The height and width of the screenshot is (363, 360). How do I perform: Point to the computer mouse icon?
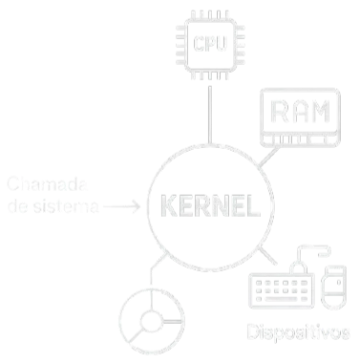[x=332, y=288]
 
